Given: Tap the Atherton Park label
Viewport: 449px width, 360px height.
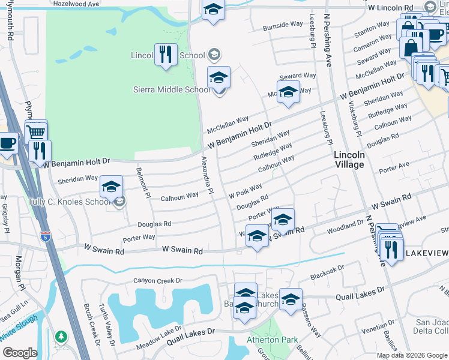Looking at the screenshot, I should click(273, 340).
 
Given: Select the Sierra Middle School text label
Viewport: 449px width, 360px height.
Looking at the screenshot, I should click(171, 90).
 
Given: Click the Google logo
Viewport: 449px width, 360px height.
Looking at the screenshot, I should click(20, 352).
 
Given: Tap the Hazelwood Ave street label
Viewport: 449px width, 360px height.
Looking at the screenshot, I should click(76, 4).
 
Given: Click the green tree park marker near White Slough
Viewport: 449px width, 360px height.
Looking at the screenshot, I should click(60, 337).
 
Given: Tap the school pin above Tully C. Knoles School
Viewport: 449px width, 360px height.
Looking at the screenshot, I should click(111, 187).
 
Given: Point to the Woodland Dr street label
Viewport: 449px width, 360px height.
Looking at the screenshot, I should click(345, 227).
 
